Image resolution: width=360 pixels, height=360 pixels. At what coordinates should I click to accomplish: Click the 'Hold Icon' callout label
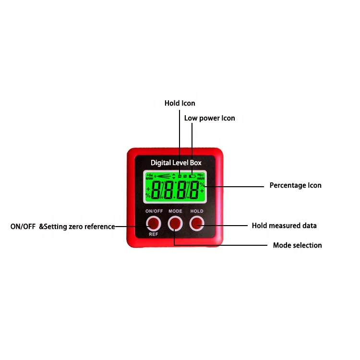[x=180, y=103]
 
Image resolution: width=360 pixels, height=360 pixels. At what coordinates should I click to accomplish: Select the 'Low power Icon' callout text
[x=209, y=118]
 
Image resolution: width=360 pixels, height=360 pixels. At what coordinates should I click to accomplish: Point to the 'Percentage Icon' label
[x=295, y=185]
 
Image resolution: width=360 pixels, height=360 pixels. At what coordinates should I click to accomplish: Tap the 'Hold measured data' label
[x=284, y=226]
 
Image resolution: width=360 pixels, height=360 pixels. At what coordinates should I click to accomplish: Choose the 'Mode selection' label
[x=297, y=245]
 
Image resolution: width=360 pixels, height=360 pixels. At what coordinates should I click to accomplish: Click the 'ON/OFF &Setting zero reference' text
[x=62, y=227]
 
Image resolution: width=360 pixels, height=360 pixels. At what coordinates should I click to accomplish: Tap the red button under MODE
[x=175, y=223]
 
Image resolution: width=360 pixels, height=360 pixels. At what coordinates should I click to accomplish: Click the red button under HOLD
[x=197, y=223]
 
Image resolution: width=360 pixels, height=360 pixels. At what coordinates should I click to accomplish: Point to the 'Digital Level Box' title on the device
[x=176, y=163]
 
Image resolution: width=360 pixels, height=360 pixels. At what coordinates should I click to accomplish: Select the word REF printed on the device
[x=153, y=235]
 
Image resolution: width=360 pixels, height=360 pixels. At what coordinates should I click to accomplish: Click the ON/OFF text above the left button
[x=154, y=211]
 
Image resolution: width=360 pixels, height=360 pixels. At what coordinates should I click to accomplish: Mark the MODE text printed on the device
[x=175, y=211]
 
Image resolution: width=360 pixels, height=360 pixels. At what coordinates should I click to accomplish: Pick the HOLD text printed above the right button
[x=197, y=211]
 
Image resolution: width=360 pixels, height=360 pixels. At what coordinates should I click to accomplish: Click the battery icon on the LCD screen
[x=192, y=176]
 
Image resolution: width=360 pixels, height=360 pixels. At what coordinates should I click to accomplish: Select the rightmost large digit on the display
[x=194, y=191]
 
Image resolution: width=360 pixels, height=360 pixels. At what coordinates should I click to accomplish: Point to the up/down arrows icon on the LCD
[x=173, y=176]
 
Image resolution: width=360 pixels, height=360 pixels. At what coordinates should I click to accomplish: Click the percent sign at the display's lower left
[x=148, y=196]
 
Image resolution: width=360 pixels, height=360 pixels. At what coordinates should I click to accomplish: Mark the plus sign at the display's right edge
[x=202, y=191]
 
